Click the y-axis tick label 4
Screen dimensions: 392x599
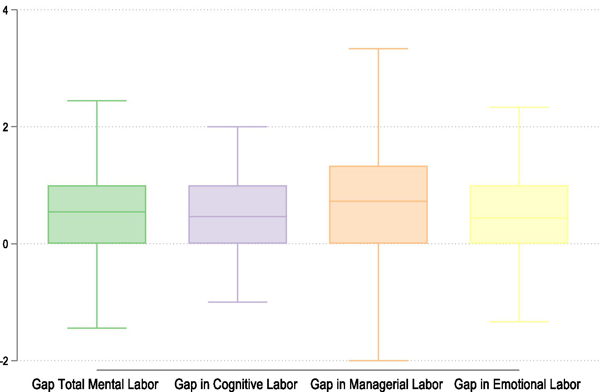pos(5,11)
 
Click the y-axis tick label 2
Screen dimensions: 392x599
pos(5,127)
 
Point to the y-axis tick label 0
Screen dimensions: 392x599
pos(5,244)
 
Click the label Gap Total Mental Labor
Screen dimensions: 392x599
pos(95,384)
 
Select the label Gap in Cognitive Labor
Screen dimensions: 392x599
pos(236,384)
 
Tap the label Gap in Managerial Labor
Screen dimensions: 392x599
pos(377,384)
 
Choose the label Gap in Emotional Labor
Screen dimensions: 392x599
pos(517,384)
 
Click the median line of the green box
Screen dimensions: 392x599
pos(97,212)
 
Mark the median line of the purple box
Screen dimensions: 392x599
pos(237,216)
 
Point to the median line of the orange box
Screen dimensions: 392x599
pos(378,201)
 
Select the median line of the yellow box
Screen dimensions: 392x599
pos(519,218)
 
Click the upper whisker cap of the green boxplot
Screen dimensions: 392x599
pos(97,101)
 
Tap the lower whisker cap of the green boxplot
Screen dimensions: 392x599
pos(97,328)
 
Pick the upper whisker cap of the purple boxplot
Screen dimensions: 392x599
pos(237,127)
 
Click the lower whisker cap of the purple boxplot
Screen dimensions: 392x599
pos(237,302)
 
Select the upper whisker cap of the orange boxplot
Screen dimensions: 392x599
pos(378,49)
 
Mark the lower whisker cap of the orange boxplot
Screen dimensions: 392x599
pos(378,361)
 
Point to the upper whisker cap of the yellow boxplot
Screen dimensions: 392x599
pos(519,107)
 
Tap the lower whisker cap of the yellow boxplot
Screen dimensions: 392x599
pos(519,322)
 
